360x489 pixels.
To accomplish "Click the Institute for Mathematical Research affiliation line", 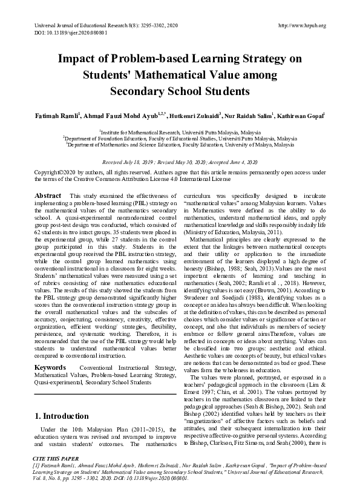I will tap(180, 131).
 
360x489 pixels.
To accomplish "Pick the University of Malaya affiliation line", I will tap(180, 145).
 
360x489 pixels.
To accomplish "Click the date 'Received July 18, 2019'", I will tap(131, 163).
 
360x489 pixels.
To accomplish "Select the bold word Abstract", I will tap(48, 196).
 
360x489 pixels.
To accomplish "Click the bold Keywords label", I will tap(51, 350).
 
